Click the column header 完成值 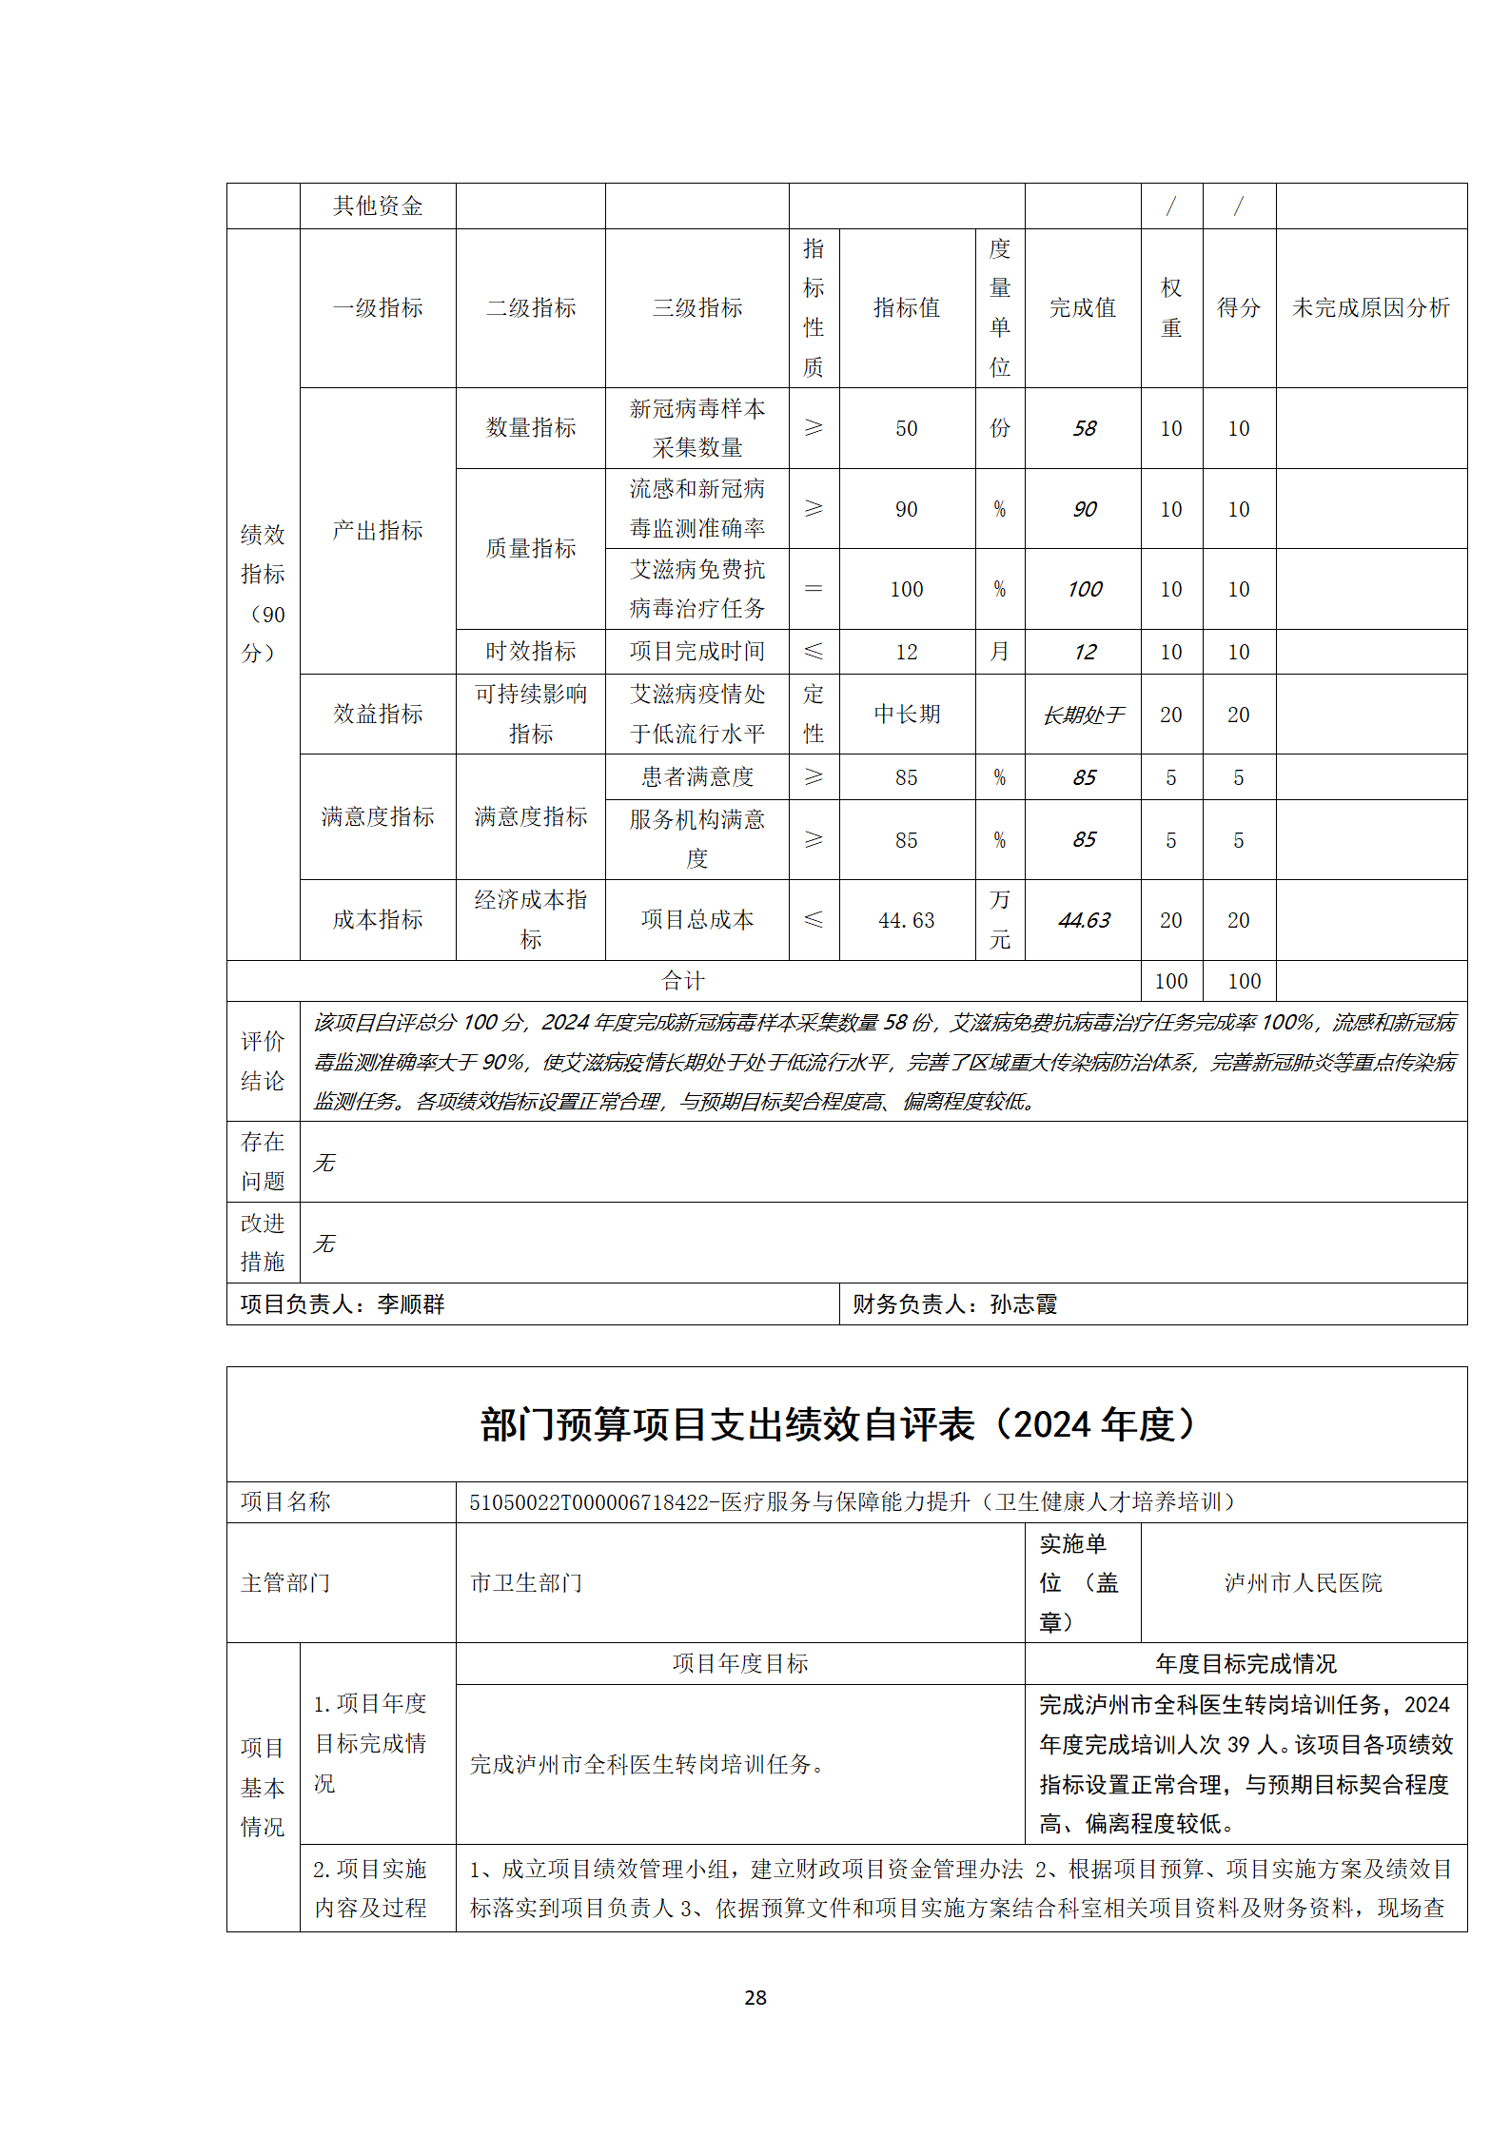(x=1082, y=307)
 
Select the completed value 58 (x=1084, y=428)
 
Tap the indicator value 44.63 (x=906, y=920)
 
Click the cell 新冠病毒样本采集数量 (x=696, y=428)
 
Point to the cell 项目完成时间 (x=696, y=652)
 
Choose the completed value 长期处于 (x=1083, y=715)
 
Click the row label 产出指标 (x=377, y=530)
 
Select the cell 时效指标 (x=530, y=652)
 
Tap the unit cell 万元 (x=999, y=920)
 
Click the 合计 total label (x=682, y=981)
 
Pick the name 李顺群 (x=411, y=1304)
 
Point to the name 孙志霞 (x=1023, y=1304)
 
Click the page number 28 (x=755, y=1998)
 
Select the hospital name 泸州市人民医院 (x=1303, y=1582)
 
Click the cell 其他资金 (x=377, y=206)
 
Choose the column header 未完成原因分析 (x=1370, y=307)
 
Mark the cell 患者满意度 (x=696, y=777)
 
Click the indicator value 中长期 (x=906, y=715)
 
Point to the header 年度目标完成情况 (x=1245, y=1663)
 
